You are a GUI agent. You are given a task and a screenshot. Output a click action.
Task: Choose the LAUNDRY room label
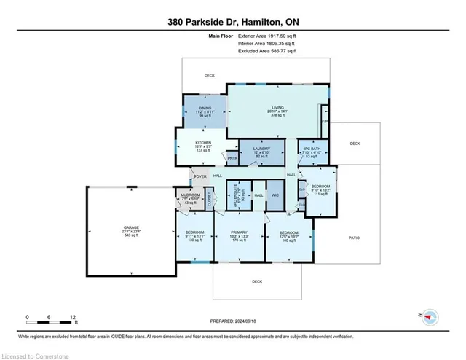[x=261, y=149]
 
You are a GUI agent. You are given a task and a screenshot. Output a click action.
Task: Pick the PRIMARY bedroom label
[x=240, y=232]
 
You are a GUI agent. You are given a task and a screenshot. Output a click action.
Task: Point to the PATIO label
[x=355, y=238]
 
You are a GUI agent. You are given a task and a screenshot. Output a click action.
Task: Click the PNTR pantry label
[x=232, y=158]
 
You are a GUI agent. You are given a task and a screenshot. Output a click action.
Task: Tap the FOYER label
[x=200, y=176]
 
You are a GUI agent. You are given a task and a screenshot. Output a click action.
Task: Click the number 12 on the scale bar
[x=73, y=318]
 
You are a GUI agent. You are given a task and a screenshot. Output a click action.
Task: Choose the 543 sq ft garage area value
[x=132, y=235]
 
